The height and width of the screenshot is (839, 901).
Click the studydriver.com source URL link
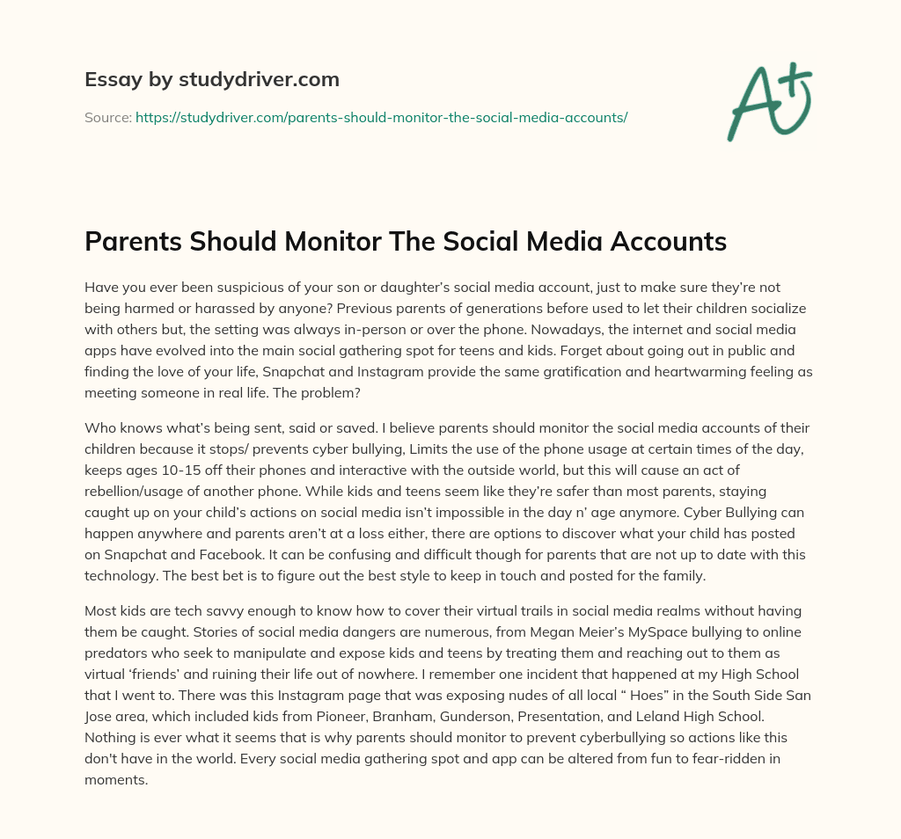(381, 117)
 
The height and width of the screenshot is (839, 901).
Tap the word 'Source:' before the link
(107, 117)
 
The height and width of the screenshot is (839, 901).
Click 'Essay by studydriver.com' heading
(211, 79)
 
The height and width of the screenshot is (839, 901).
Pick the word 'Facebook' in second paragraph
(221, 554)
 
